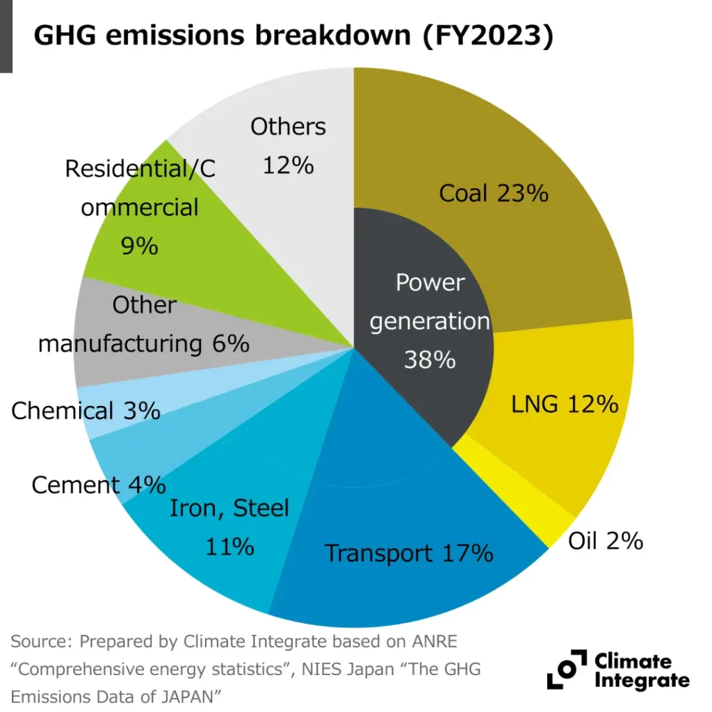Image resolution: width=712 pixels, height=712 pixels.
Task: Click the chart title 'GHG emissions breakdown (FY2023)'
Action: pos(293,36)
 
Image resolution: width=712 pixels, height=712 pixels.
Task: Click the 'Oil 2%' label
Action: pos(605,541)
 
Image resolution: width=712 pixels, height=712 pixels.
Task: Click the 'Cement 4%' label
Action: pos(98,485)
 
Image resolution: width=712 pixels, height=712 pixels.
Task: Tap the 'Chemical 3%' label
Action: pos(86,411)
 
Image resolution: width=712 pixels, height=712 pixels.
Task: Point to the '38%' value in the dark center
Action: pos(430,359)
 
